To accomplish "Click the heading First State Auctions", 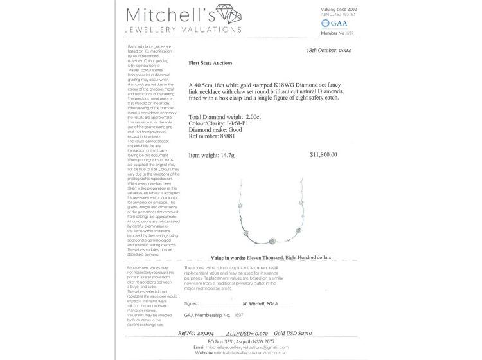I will tap(211, 64).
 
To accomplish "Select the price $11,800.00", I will tap(323, 155).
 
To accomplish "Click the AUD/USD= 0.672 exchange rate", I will tap(235, 334).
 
